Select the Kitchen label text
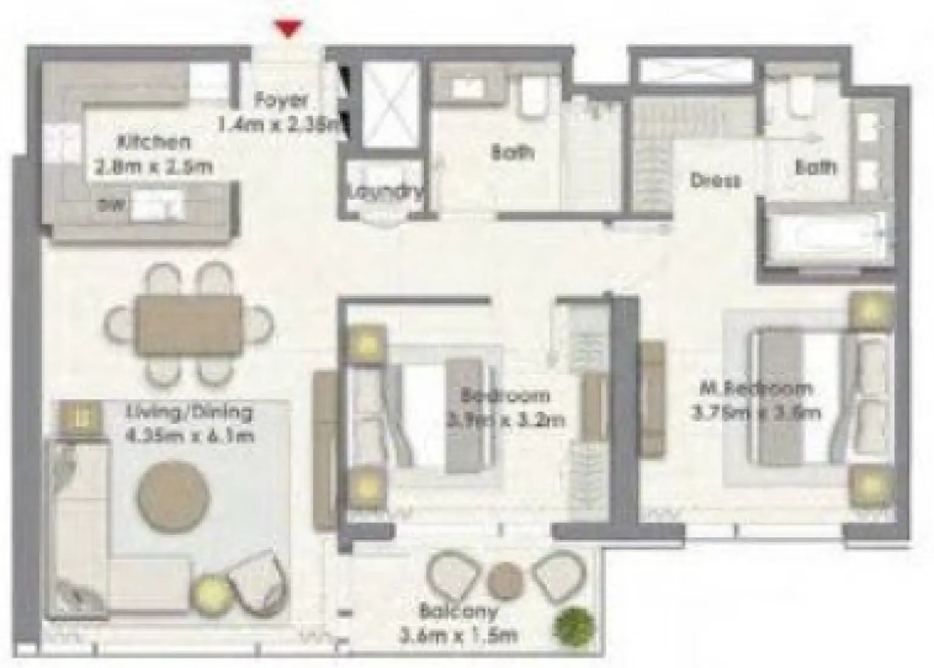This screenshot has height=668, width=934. (x=154, y=143)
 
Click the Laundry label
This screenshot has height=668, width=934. (x=385, y=192)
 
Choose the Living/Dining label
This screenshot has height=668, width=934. (x=189, y=413)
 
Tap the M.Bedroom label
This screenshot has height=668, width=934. (x=755, y=389)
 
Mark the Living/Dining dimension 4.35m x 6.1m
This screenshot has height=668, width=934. (x=189, y=435)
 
